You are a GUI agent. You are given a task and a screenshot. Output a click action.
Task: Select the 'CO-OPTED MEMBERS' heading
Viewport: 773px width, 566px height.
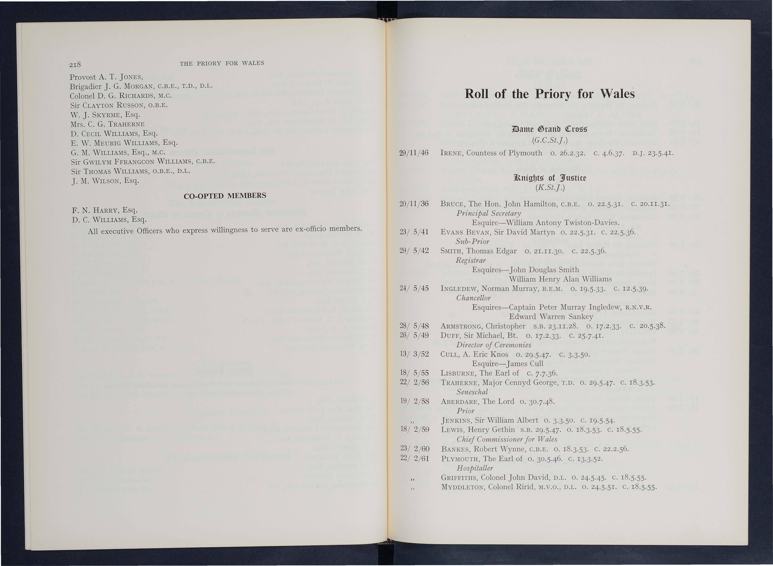[225, 196]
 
